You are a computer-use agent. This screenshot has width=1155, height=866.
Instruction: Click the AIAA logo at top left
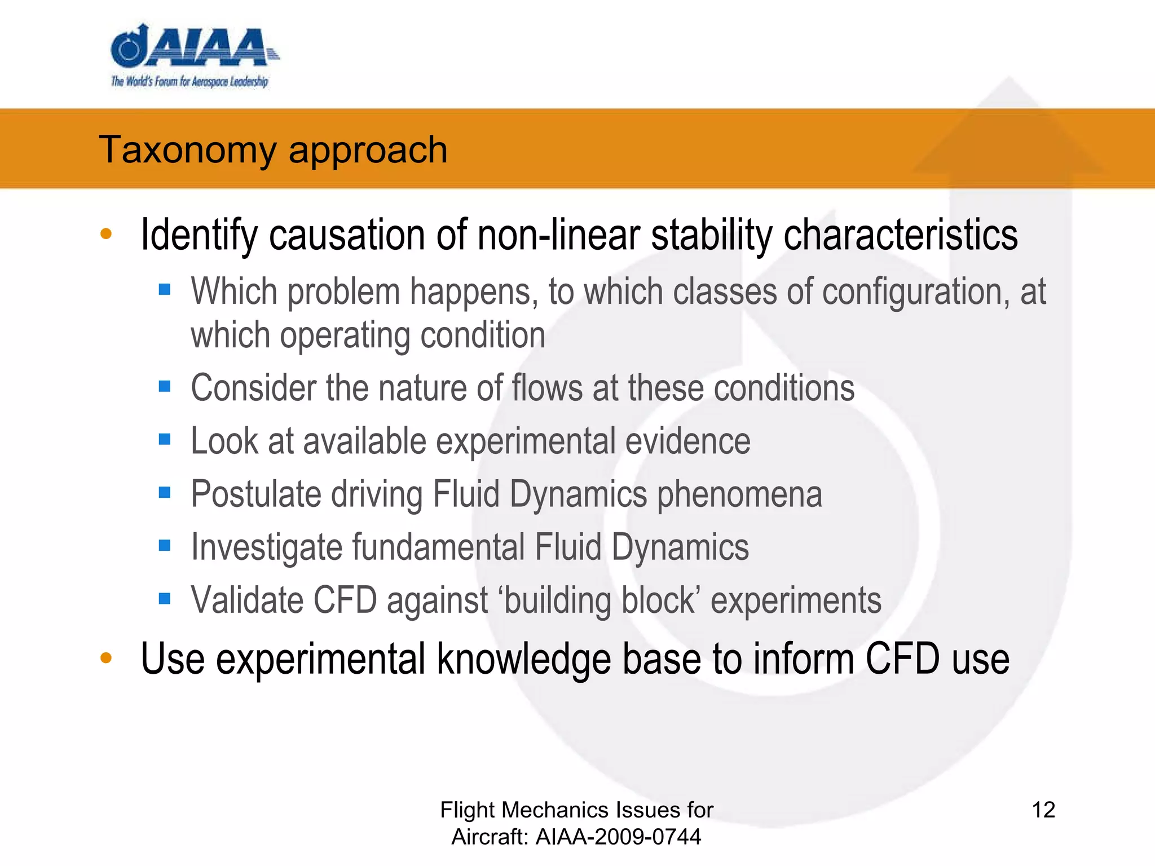pos(192,47)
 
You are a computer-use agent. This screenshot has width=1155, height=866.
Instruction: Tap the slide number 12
pos(1043,810)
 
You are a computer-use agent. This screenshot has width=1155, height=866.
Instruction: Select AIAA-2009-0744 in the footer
pos(618,837)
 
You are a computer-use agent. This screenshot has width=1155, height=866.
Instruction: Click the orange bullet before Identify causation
pos(106,234)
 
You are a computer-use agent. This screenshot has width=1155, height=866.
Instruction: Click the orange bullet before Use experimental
pos(106,657)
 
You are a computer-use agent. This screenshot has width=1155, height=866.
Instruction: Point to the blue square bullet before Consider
pos(165,386)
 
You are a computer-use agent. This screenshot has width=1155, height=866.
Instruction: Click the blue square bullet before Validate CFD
pos(165,598)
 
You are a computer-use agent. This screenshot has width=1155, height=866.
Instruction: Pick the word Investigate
pos(267,547)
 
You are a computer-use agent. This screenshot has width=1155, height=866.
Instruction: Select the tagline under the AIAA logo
pos(189,81)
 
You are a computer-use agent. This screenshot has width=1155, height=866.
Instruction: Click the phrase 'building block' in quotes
pos(599,600)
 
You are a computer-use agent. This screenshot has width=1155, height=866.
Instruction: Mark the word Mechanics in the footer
pos(556,810)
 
